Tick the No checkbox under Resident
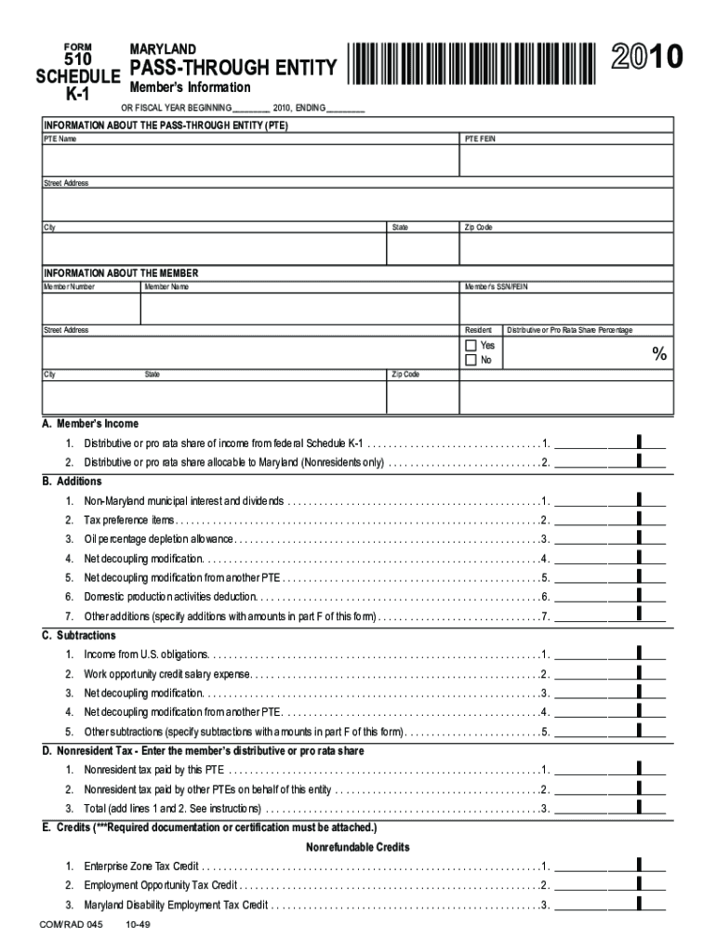(471, 361)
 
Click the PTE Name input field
(250, 160)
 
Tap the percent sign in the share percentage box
(659, 354)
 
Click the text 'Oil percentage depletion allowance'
(159, 539)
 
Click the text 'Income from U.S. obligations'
(147, 654)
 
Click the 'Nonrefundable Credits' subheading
(358, 848)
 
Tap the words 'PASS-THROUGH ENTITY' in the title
(233, 68)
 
